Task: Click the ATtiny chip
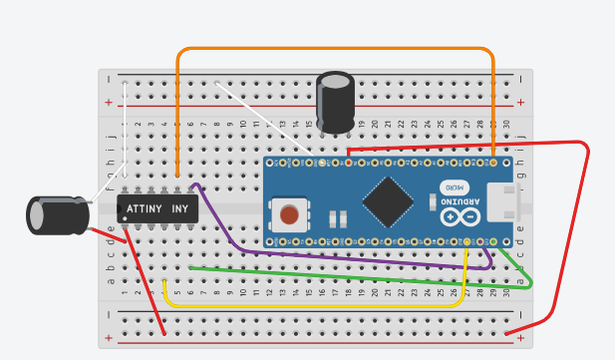coord(157,208)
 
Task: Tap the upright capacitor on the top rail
coord(337,101)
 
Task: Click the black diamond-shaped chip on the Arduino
coord(389,202)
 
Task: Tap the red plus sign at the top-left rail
coord(109,102)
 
